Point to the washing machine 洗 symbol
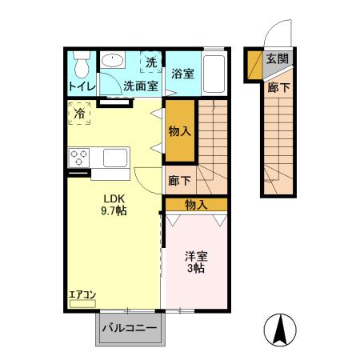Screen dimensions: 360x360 (150, 61)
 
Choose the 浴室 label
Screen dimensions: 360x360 (183, 74)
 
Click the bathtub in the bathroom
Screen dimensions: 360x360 (214, 74)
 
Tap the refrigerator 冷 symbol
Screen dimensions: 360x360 (79, 114)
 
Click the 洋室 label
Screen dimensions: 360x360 (197, 256)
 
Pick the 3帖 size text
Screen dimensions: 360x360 (197, 270)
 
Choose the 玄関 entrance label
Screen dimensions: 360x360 (277, 58)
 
